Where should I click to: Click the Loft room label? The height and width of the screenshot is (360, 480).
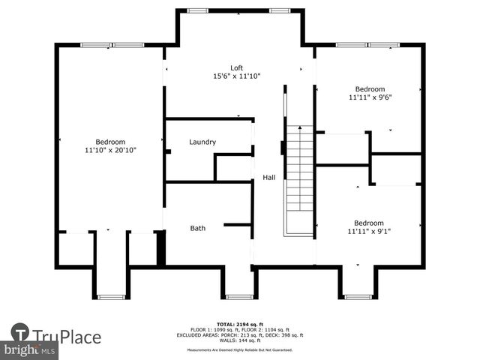coord(236,67)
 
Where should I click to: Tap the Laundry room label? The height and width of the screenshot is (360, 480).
coord(202,142)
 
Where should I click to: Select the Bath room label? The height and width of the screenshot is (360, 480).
coord(197,228)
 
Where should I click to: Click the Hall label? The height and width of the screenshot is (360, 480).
coord(268,178)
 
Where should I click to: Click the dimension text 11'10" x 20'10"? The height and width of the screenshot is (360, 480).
coord(110,150)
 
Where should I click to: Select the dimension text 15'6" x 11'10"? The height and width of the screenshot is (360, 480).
coord(236,76)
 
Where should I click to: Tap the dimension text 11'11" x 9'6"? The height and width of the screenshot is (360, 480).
coord(370,97)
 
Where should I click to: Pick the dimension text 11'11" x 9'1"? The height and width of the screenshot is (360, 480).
coord(369,231)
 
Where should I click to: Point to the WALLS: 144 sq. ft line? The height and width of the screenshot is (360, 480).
coord(240,340)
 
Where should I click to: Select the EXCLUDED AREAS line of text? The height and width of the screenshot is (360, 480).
coord(240,334)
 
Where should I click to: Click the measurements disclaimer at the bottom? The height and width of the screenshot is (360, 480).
coord(240,349)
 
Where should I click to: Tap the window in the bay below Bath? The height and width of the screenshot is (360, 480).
coord(239,296)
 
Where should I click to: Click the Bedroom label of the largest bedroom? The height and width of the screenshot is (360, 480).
coord(110,142)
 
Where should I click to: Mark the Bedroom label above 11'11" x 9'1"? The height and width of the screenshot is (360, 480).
coord(369,223)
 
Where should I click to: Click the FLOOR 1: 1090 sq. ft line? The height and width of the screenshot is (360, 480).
coord(240,329)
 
